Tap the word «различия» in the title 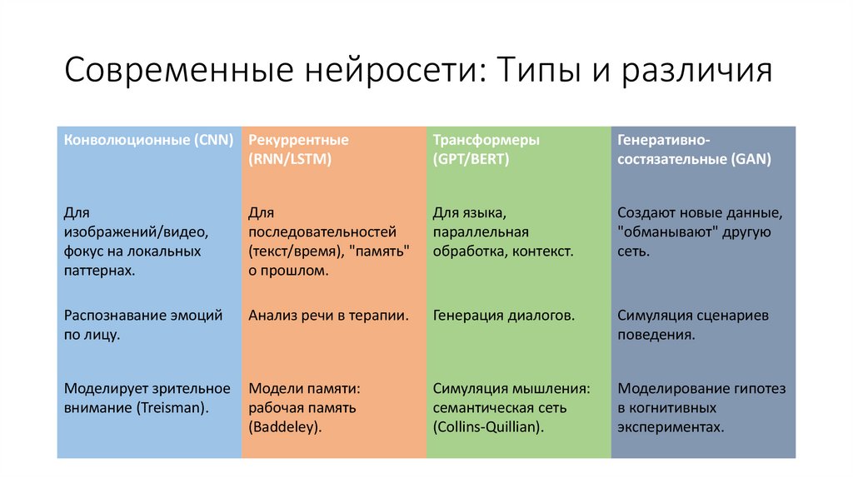693,71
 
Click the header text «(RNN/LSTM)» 290,159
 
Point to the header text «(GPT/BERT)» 471,159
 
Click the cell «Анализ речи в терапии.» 328,316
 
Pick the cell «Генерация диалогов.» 503,316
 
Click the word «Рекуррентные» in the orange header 298,140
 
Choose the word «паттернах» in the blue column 98,270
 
